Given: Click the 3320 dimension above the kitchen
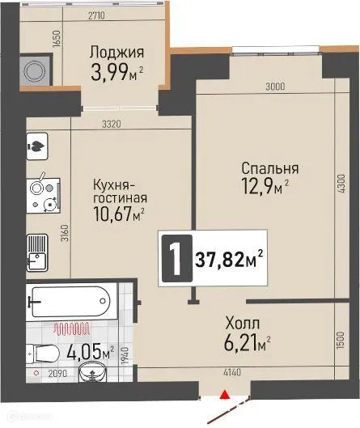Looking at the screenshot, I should pyautogui.click(x=110, y=124).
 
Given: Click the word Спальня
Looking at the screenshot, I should pyautogui.click(x=270, y=169).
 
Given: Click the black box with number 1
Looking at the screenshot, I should pyautogui.click(x=172, y=260).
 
